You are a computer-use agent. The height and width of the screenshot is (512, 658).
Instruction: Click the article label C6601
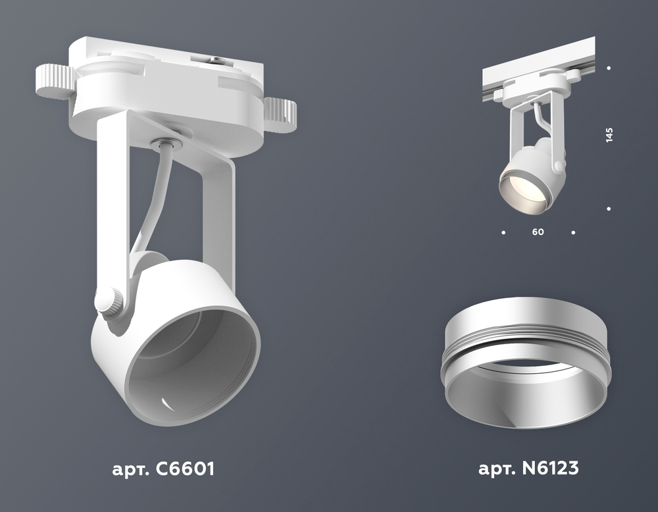click(163, 469)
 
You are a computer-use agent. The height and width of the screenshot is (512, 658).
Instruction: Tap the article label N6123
click(528, 467)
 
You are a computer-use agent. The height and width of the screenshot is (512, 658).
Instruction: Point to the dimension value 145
click(609, 135)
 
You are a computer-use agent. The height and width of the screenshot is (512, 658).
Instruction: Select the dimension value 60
click(538, 232)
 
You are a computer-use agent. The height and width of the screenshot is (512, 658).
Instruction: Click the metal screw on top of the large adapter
click(215, 61)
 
